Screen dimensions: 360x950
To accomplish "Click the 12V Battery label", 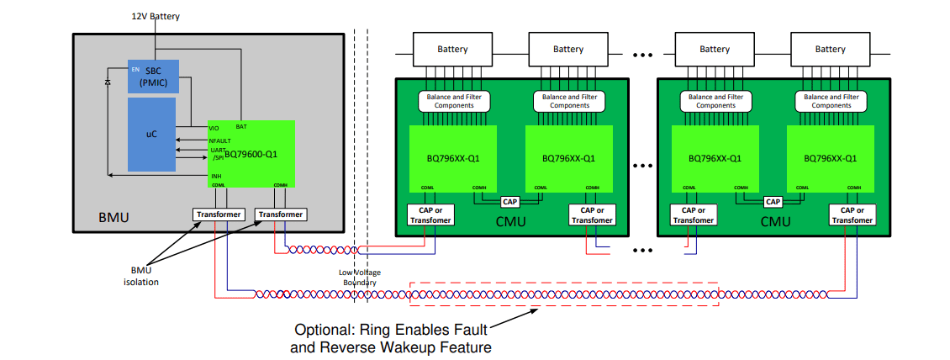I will (156, 16).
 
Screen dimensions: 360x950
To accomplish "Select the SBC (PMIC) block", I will (152, 77).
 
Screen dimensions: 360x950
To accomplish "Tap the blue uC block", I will (151, 134).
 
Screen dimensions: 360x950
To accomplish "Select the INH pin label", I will (216, 176).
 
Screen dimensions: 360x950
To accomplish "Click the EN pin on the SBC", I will (135, 68).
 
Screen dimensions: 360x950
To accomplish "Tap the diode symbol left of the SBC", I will (107, 82).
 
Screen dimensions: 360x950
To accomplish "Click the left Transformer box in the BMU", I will (218, 214).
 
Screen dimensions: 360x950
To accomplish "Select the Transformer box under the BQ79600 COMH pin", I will (281, 214).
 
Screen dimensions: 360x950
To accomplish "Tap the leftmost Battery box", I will (452, 50).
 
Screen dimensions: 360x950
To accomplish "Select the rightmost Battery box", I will (830, 50).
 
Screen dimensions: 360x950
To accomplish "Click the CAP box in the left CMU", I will (510, 202).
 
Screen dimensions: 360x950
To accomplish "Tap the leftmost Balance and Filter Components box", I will (454, 101).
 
